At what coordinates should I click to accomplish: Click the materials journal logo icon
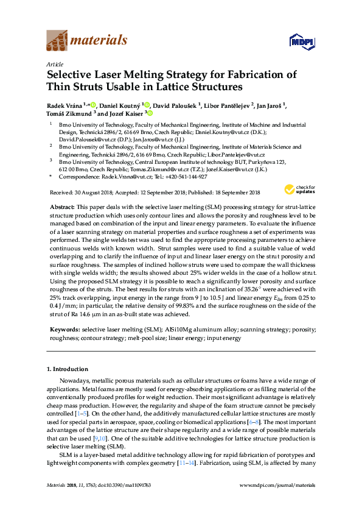(57, 40)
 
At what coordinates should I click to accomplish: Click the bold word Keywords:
(64, 329)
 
